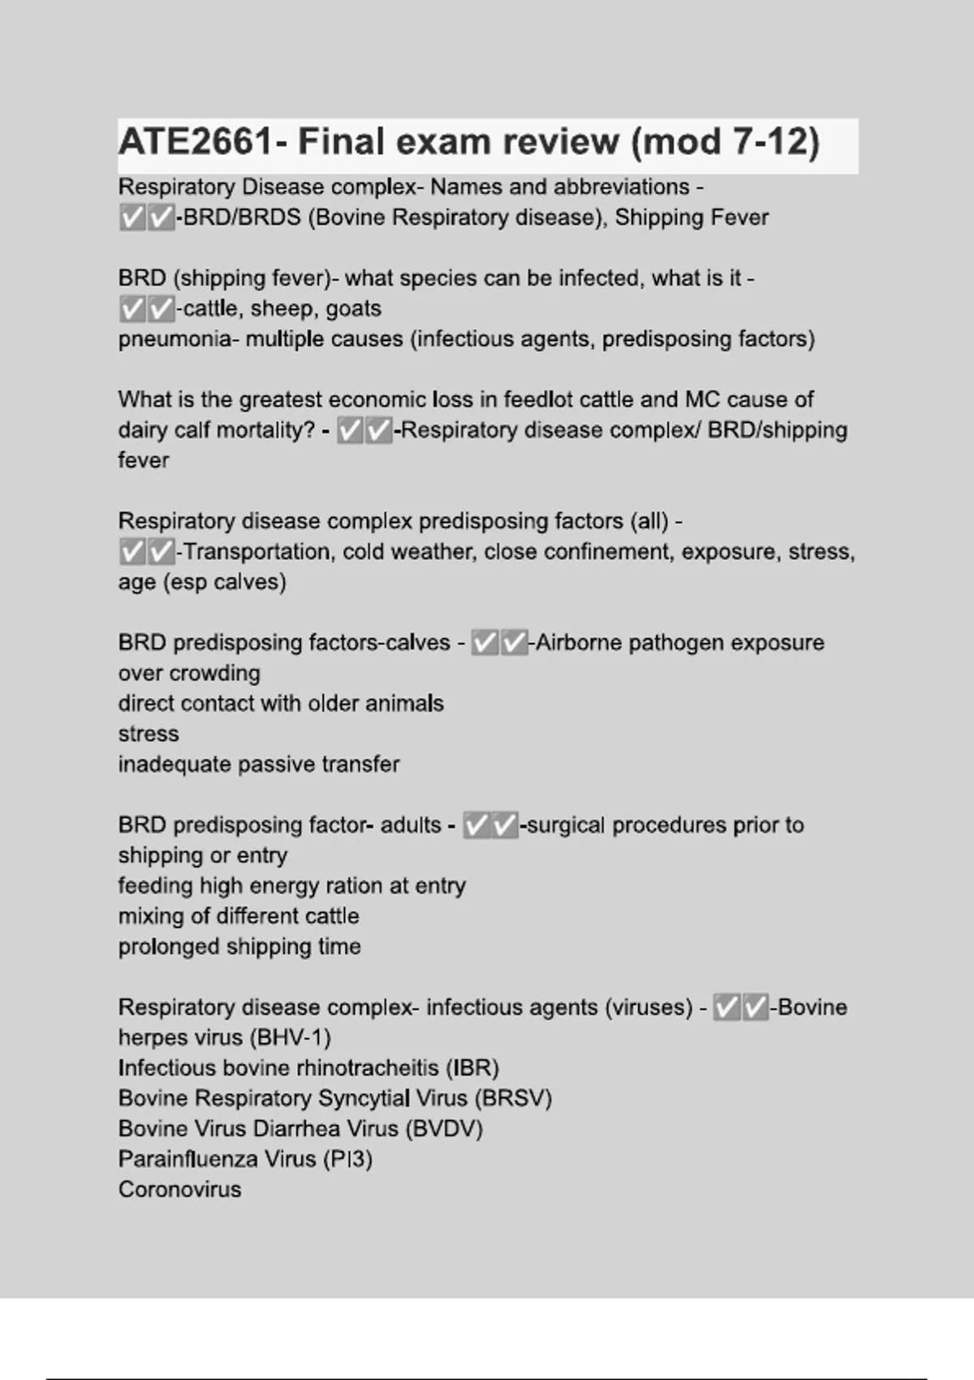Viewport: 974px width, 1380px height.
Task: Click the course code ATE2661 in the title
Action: [195, 142]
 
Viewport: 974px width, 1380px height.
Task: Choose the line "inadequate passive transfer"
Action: [259, 765]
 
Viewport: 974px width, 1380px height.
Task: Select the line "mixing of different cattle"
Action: [239, 916]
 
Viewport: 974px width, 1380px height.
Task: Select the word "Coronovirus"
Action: [179, 1190]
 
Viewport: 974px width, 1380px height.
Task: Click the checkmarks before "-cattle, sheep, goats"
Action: [147, 308]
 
